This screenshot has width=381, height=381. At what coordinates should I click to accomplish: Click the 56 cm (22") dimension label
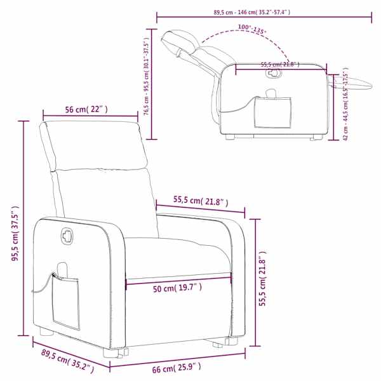coord(86,110)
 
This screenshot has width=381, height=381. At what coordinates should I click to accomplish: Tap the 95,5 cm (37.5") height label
coord(15,233)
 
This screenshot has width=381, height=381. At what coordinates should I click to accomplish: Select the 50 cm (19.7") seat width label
coord(177,288)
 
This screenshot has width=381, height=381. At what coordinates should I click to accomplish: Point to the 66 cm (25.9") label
coord(177,368)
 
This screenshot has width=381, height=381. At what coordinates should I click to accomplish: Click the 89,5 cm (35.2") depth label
coord(67,361)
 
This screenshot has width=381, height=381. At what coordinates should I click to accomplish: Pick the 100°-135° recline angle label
coord(252,29)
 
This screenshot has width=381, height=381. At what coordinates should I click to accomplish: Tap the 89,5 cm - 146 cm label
coord(251,12)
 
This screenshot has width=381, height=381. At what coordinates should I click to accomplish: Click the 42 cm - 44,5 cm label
coord(346,104)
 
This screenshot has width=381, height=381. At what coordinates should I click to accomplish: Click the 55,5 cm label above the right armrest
coord(201,201)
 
